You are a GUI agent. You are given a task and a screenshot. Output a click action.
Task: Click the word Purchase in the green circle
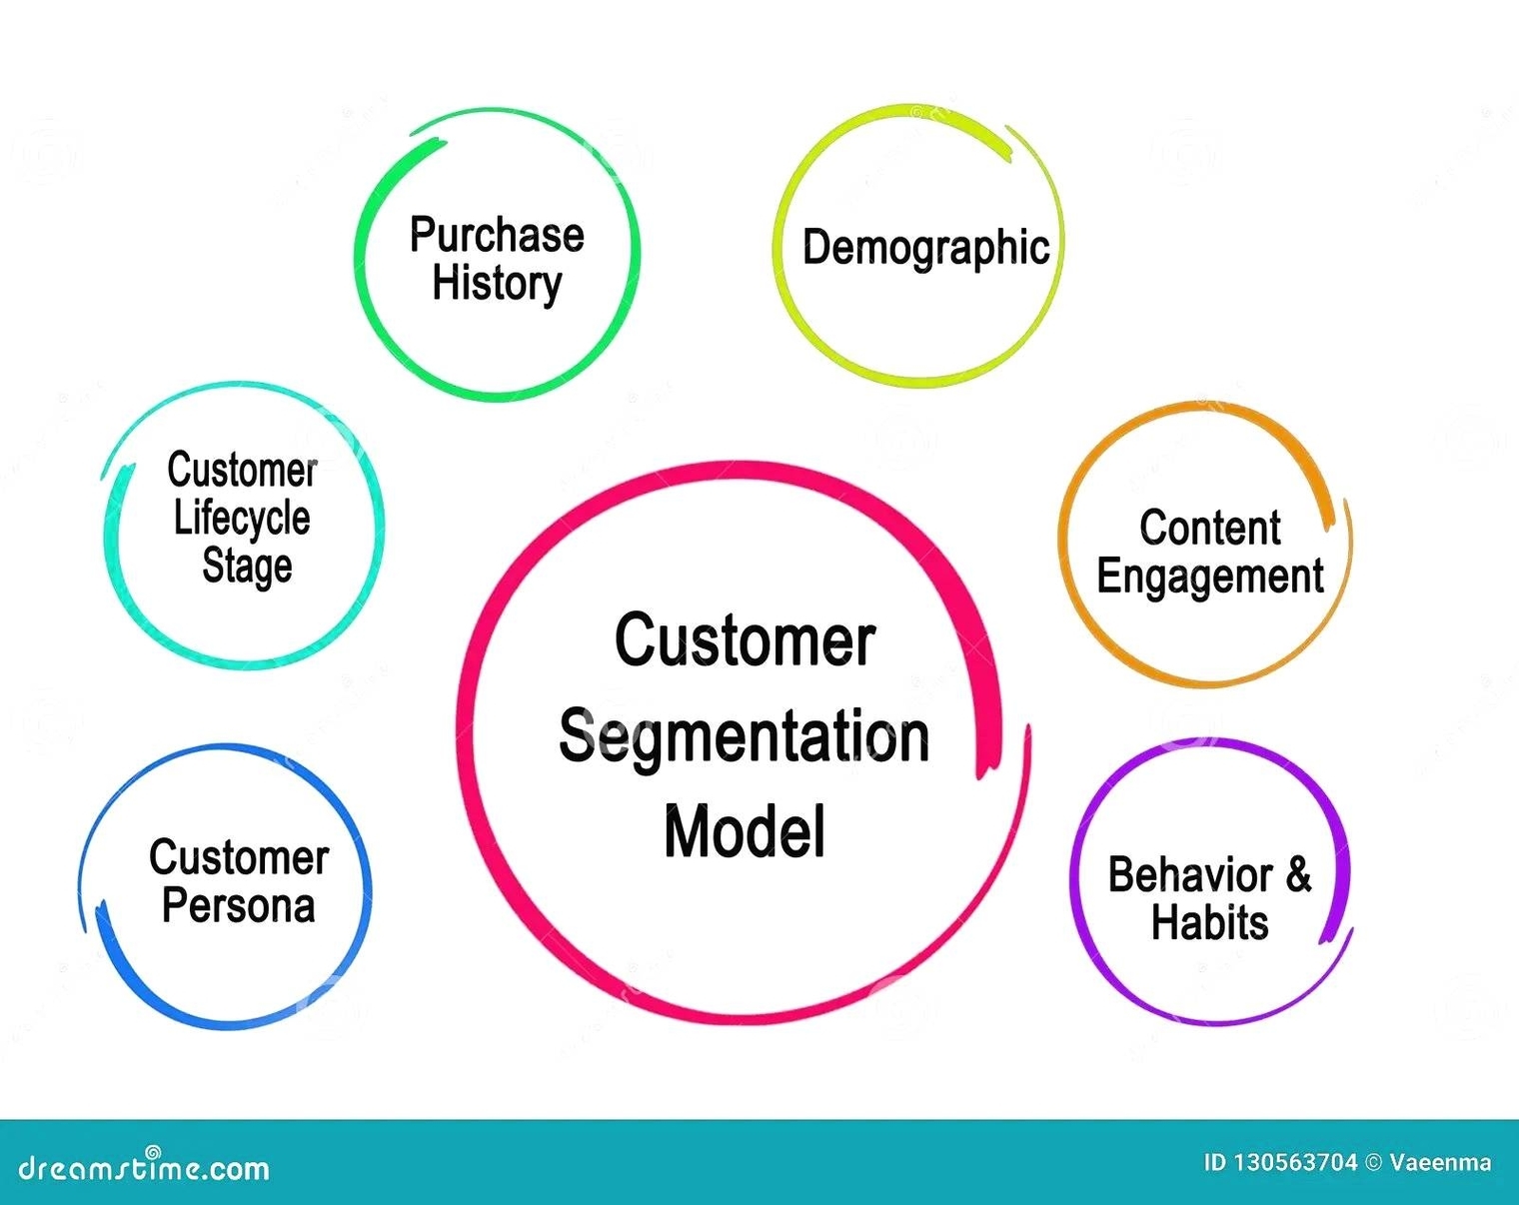click(497, 235)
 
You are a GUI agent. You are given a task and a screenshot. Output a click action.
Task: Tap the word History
click(497, 283)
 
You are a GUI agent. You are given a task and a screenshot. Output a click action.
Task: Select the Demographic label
click(925, 248)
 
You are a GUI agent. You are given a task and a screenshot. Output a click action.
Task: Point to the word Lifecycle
click(242, 518)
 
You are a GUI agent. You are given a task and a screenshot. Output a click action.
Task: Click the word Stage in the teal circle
click(247, 566)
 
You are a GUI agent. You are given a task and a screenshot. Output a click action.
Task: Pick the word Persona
click(239, 905)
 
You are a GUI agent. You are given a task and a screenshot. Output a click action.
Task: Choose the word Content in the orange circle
click(1209, 528)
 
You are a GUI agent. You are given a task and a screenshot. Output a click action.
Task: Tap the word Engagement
click(1209, 577)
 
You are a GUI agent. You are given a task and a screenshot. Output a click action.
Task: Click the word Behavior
click(1189, 875)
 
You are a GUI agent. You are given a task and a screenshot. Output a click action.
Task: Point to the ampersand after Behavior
click(1298, 873)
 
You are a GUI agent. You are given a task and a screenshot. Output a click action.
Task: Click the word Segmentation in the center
click(744, 736)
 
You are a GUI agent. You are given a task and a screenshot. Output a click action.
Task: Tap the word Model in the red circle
click(745, 831)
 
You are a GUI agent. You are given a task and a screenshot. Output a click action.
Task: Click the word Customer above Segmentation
click(745, 640)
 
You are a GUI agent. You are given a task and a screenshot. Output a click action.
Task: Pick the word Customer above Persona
click(239, 857)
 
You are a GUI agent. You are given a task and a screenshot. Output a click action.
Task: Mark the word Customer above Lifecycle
click(242, 470)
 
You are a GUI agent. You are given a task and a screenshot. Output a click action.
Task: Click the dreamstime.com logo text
click(144, 1167)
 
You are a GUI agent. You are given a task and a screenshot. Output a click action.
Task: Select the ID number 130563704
click(1295, 1162)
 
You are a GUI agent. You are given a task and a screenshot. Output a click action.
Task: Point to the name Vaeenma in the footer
click(1440, 1162)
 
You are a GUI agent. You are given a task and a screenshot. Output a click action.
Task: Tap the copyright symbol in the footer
click(1373, 1162)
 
